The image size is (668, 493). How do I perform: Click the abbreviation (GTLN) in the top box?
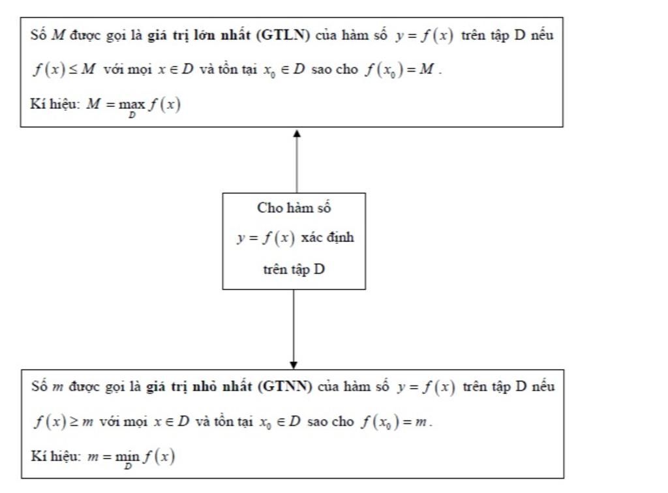283,35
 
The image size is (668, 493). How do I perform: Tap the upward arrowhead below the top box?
297,133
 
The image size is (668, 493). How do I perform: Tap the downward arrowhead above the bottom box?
294,365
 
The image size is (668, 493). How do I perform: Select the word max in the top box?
132,104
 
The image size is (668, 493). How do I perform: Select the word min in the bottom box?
127,456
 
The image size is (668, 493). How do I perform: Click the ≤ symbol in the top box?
73,69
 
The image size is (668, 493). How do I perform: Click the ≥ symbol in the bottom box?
74,421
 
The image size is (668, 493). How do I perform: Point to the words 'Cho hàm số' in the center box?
294,208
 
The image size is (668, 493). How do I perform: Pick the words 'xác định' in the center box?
327,237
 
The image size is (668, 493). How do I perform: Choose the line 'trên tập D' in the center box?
294,269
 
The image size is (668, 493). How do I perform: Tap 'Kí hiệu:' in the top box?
55,104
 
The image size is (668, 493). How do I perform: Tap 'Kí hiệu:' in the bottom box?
56,456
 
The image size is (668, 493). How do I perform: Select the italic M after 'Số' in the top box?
58,35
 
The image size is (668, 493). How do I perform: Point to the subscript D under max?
132,115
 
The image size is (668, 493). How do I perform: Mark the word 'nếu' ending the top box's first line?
542,35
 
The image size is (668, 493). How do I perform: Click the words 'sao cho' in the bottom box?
330,421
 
